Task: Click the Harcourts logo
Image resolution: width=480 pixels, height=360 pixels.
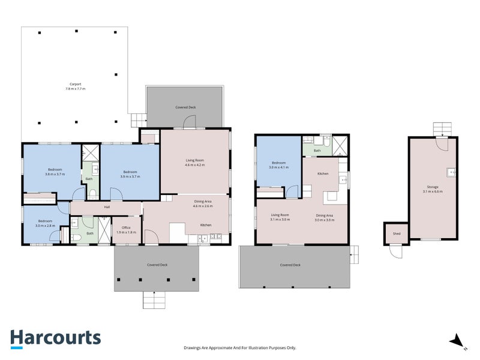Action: (x=55, y=337)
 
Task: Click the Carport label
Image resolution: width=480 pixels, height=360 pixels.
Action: (x=75, y=86)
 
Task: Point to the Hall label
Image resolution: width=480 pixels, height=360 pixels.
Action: (x=107, y=207)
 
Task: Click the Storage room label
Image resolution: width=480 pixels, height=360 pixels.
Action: (x=433, y=189)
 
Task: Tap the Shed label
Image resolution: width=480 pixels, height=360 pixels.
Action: (x=397, y=233)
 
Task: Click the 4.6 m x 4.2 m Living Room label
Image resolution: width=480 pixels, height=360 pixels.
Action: (x=194, y=162)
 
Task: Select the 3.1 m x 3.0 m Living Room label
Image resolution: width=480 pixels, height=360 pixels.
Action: (x=280, y=217)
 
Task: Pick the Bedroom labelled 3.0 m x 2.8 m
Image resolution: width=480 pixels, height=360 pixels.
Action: (x=46, y=223)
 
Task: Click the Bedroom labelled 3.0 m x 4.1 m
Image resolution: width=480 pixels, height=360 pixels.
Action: (x=278, y=165)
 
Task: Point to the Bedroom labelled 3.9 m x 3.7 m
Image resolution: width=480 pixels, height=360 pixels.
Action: (x=130, y=174)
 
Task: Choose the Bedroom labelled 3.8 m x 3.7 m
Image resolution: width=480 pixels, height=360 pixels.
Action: (x=55, y=172)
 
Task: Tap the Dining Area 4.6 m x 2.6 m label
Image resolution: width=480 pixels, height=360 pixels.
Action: (x=202, y=203)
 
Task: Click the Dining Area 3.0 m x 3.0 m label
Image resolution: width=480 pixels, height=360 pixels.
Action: (x=325, y=217)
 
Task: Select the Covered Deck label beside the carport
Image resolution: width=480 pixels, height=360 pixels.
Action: (x=185, y=107)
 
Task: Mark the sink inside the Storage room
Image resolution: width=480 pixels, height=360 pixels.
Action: (x=452, y=172)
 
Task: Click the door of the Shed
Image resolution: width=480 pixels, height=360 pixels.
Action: (x=395, y=252)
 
